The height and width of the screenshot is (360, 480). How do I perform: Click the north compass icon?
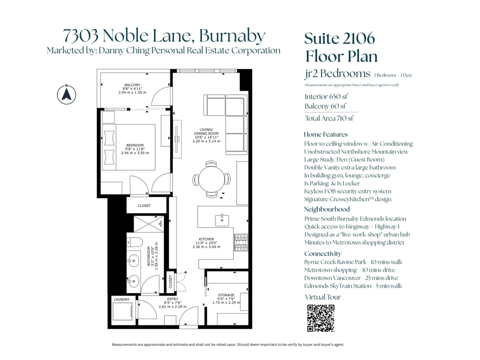(x=66, y=94)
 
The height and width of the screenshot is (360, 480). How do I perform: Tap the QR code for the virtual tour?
(x=320, y=318)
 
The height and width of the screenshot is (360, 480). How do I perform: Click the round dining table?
(x=212, y=179)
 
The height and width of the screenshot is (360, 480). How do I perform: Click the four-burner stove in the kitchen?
(x=241, y=242)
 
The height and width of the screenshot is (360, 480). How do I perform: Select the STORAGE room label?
(x=226, y=295)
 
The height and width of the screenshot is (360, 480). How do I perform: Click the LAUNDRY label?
(x=122, y=299)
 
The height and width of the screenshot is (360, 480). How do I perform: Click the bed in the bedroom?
(x=128, y=147)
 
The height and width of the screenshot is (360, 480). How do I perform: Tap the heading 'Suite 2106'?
(x=340, y=38)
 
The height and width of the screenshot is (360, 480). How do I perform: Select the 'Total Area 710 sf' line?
(x=329, y=118)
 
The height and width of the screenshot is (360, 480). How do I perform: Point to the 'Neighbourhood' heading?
(x=327, y=209)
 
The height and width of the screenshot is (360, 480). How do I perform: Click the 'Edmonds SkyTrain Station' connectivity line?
(x=353, y=286)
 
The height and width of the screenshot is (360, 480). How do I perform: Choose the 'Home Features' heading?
(x=326, y=134)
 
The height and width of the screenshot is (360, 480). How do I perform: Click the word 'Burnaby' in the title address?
(x=232, y=36)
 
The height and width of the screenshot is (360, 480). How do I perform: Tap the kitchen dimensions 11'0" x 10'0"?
(x=207, y=243)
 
